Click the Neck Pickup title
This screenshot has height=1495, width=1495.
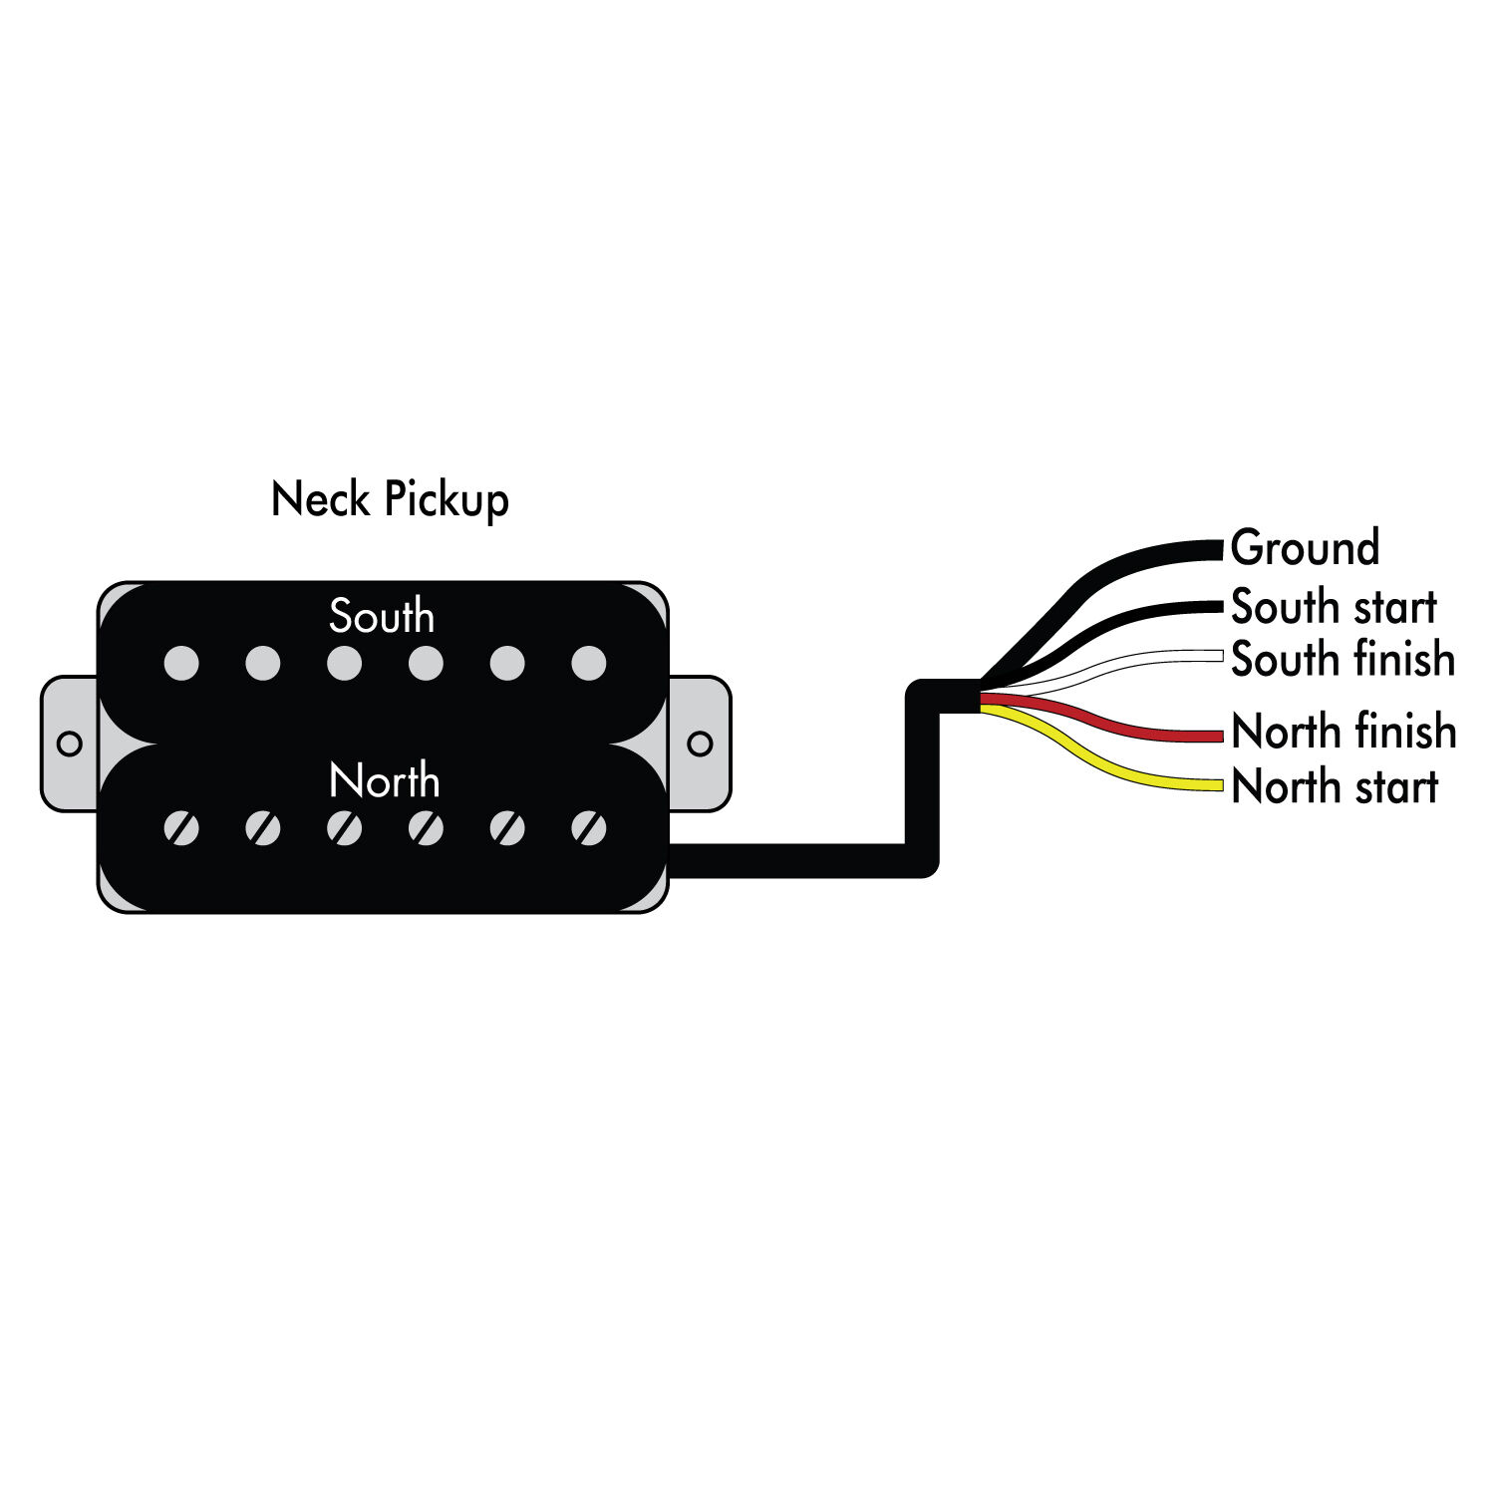coord(390,499)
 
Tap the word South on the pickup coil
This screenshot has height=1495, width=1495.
coord(382,617)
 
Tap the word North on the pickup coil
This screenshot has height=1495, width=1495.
coord(384,781)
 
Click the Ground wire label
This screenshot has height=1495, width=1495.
coord(1305,548)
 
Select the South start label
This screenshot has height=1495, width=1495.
coord(1334,606)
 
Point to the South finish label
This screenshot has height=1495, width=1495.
coord(1343,659)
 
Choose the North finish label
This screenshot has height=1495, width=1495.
coord(1344,732)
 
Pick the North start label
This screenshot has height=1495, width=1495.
coord(1335,786)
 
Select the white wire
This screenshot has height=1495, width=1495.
coord(1146,658)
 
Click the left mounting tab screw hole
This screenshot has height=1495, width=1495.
coord(70,744)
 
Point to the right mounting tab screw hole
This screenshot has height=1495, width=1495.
coord(700,744)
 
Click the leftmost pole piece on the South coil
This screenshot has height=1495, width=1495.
coord(181,664)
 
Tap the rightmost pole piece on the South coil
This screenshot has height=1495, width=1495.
coord(589,664)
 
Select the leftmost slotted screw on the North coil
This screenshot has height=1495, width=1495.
coord(181,827)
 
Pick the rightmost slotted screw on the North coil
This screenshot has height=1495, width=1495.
coord(589,827)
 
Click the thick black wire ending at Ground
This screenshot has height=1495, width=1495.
coord(1146,552)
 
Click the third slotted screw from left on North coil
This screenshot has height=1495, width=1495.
coord(345,827)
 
